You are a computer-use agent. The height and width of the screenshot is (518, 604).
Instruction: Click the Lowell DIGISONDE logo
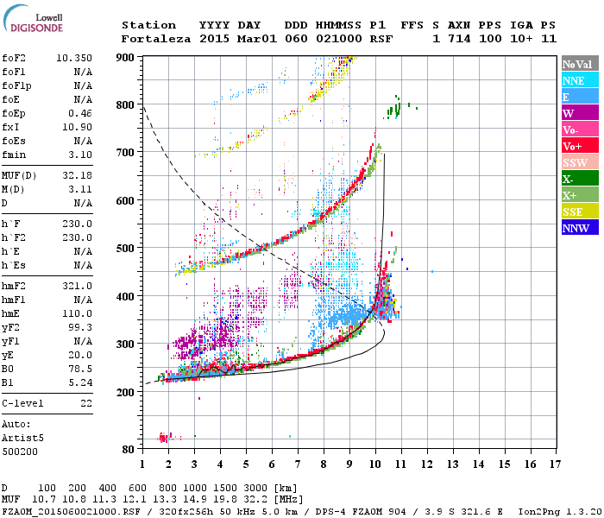coord(33,22)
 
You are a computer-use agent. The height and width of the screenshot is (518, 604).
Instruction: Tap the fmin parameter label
coord(14,155)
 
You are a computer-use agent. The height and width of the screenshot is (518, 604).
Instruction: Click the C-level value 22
coord(86,403)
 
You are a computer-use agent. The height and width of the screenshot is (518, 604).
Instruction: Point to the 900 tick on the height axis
coord(126,57)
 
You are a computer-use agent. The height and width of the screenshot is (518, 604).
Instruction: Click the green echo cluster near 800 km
coord(394,109)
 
